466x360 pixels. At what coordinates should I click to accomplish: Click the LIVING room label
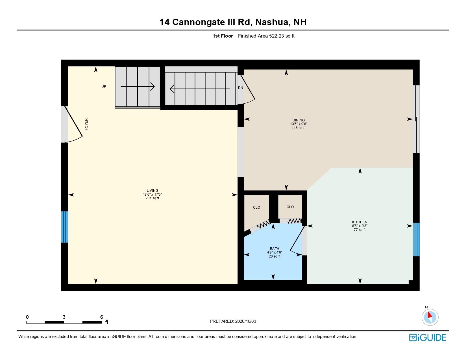point(153,190)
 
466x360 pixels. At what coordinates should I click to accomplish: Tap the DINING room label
point(299,120)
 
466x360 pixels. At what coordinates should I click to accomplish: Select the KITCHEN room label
point(360,222)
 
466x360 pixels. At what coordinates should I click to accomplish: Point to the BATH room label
point(275,249)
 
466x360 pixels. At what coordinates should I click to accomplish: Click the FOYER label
point(86,124)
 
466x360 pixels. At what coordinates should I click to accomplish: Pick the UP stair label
point(104,87)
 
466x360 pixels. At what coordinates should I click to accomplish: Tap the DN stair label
point(241,88)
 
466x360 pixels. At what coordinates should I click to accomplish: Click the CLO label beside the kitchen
point(290,207)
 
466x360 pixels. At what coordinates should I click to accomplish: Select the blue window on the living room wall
point(65,227)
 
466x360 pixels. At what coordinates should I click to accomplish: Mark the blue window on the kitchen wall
point(416,239)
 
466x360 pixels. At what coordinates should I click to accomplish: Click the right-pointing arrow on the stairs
point(138,87)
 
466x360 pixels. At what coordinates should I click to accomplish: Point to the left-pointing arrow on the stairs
point(200,89)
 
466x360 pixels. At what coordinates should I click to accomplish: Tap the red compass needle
point(430,315)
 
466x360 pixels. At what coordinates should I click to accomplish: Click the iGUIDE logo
point(428,337)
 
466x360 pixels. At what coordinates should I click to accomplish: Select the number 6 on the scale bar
point(102,317)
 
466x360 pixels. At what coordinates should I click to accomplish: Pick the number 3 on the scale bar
point(64,317)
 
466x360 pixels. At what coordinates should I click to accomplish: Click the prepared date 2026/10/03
point(245,321)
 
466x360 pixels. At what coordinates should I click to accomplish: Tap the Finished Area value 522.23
point(276,36)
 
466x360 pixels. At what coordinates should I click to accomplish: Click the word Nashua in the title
point(272,22)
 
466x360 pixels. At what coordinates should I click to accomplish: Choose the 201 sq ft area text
point(153,198)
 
